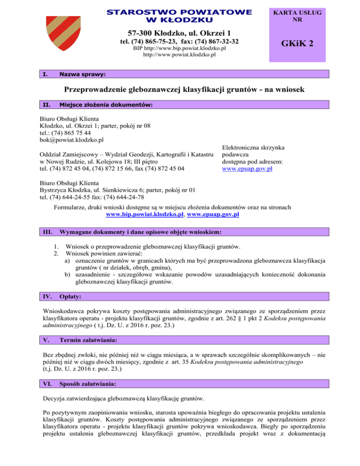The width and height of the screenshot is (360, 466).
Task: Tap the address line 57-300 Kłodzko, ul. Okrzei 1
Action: pos(180,33)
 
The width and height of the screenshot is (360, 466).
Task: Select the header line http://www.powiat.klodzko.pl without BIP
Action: pos(179,54)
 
